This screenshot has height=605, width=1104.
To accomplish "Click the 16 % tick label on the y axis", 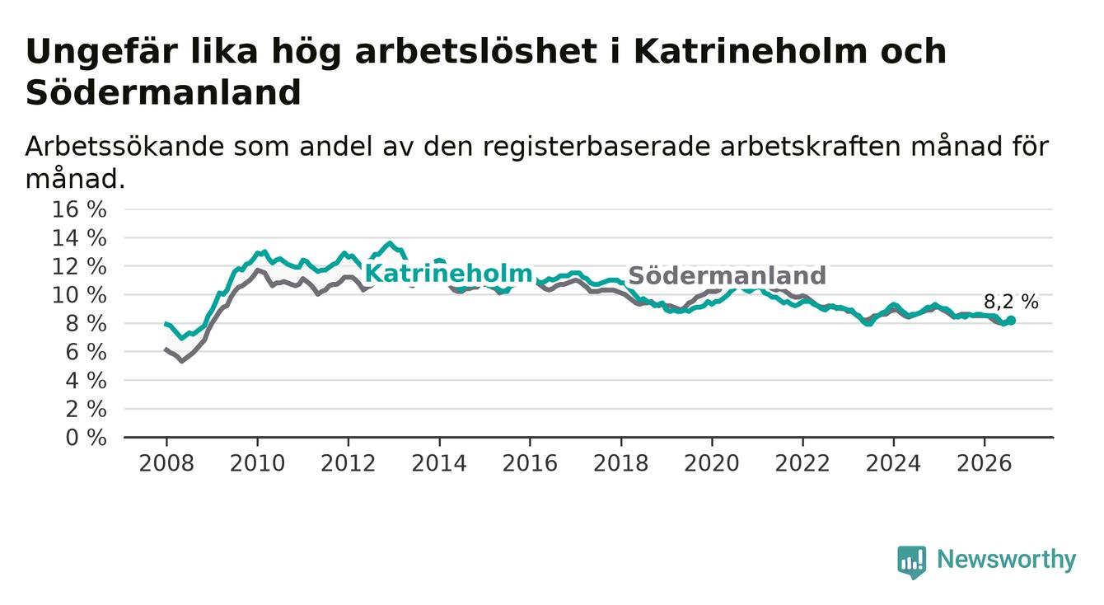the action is pyautogui.click(x=79, y=209).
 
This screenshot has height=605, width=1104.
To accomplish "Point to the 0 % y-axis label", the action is pyautogui.click(x=87, y=438).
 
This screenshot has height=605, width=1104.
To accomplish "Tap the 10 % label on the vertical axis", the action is pyautogui.click(x=79, y=295).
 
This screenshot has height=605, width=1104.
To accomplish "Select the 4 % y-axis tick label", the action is pyautogui.click(x=87, y=381).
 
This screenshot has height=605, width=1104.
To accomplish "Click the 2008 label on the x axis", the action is pyautogui.click(x=166, y=463).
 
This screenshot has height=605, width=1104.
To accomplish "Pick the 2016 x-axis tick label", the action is pyautogui.click(x=530, y=463).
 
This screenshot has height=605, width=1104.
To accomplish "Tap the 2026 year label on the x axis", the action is pyautogui.click(x=985, y=463).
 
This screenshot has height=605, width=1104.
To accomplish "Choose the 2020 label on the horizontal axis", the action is pyautogui.click(x=712, y=463).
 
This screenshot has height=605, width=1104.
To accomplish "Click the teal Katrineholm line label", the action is pyautogui.click(x=448, y=274).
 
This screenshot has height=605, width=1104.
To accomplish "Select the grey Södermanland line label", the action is pyautogui.click(x=727, y=275).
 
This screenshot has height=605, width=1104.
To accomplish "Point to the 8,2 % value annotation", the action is pyautogui.click(x=1011, y=302).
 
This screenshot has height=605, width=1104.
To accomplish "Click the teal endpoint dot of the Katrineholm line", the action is pyautogui.click(x=1011, y=321).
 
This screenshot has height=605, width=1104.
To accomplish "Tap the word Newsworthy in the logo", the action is pyautogui.click(x=1007, y=560).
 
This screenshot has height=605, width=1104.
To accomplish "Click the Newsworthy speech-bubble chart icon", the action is pyautogui.click(x=912, y=562).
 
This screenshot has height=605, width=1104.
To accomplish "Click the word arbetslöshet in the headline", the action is pyautogui.click(x=476, y=51).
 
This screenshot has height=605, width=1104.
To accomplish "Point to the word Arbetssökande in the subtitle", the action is pyautogui.click(x=124, y=147).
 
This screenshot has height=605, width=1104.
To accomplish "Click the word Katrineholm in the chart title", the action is pyautogui.click(x=750, y=51).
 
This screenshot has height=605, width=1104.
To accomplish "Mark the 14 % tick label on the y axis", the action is pyautogui.click(x=79, y=238).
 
